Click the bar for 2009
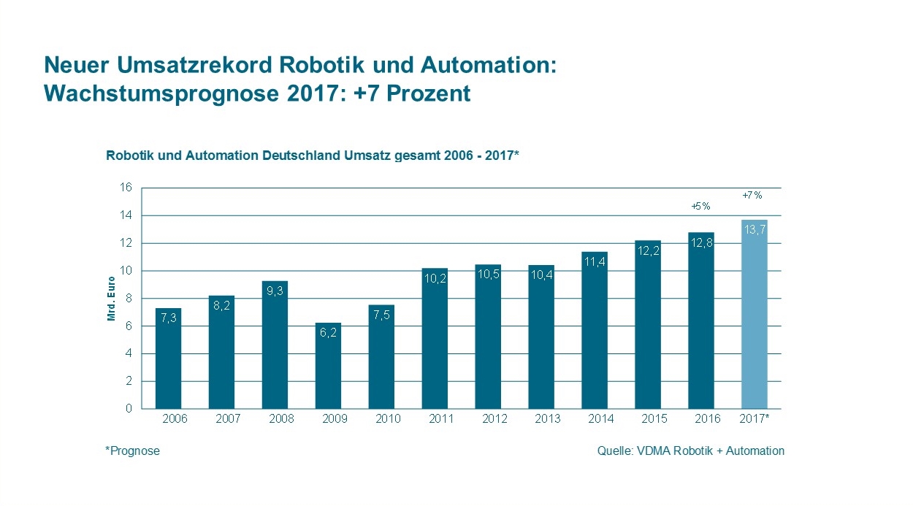click(x=328, y=366)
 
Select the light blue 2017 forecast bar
click(x=754, y=314)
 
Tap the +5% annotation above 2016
click(x=700, y=207)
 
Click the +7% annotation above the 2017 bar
click(x=752, y=195)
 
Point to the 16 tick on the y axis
click(x=126, y=188)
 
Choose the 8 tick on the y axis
click(x=129, y=298)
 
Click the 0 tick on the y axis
click(x=129, y=409)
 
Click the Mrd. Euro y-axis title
click(x=112, y=299)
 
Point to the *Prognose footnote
click(x=132, y=451)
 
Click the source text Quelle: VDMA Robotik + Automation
click(x=690, y=451)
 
